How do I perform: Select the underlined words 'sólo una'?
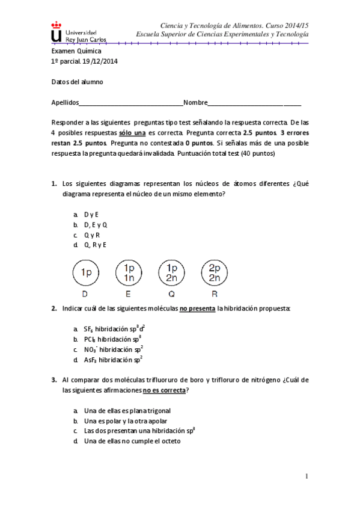pos(132,132)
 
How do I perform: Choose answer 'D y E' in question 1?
pos(91,214)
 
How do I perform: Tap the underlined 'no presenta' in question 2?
pos(197,309)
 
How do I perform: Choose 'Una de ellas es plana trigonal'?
pos(123,411)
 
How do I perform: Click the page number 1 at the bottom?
pos(307,477)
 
